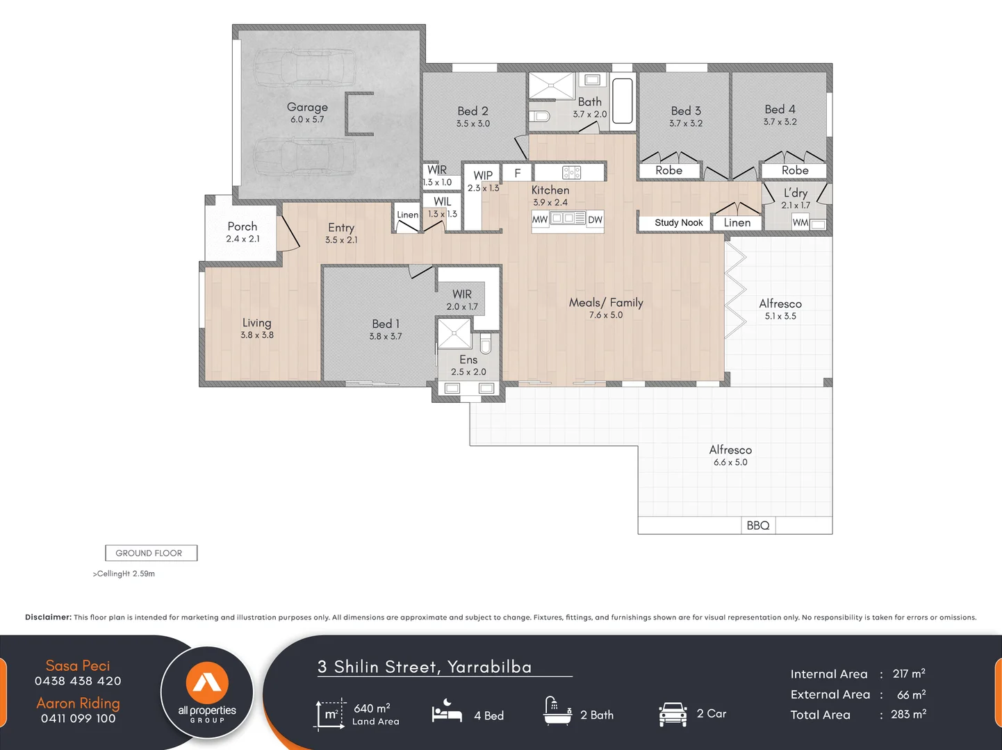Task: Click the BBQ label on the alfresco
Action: coord(758,526)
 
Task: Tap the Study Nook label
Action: coord(678,223)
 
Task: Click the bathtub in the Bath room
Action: coord(623,101)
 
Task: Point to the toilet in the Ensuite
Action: coord(486,342)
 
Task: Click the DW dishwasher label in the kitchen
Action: coord(595,220)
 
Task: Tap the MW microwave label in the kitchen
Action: coord(540,220)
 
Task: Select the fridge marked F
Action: coord(517,173)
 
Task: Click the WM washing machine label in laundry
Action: coord(800,223)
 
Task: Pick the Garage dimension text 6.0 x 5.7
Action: coord(307,119)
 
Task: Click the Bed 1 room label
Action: coord(386,324)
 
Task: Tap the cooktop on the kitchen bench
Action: coord(571,172)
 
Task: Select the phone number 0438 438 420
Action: coord(78,681)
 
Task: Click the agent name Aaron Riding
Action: coord(78,703)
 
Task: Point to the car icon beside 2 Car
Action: coord(673,714)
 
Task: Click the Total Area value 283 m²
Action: coord(908,715)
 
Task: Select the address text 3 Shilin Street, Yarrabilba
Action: coord(425,667)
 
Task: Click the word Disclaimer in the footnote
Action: coord(48,617)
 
